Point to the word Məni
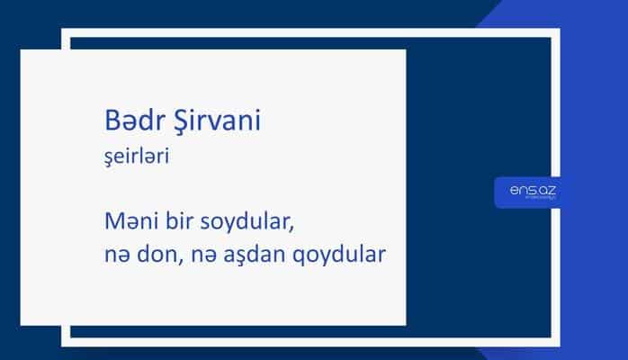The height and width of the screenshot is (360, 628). coord(129,221)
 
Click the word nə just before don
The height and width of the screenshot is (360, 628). coord(114,256)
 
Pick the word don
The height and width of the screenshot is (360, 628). coord(154,255)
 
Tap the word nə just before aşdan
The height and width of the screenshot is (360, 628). coord(198,256)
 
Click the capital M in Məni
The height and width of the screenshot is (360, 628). coord(112,221)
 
